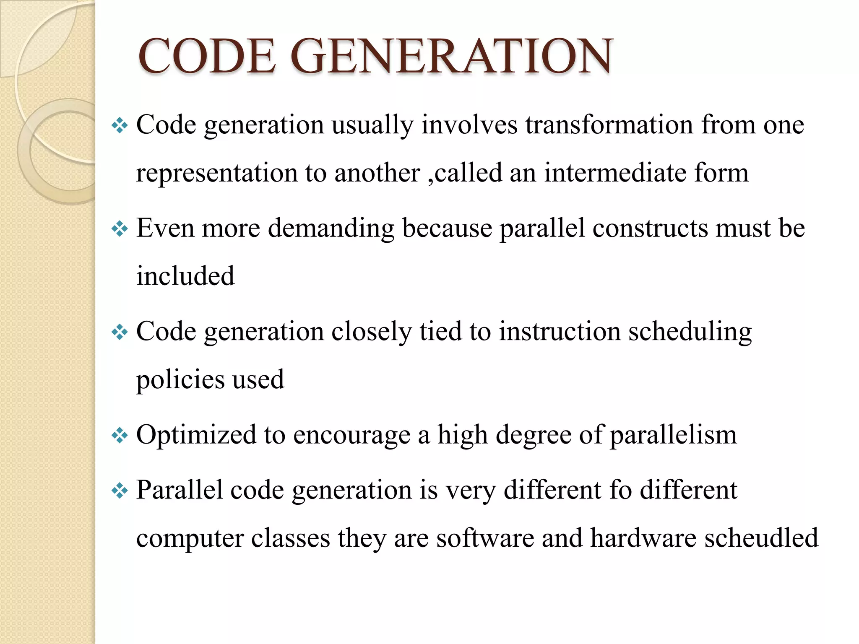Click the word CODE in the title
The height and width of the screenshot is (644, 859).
pos(206,57)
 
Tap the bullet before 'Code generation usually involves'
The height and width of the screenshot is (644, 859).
pos(120,125)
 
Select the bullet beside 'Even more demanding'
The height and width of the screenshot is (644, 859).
pos(120,229)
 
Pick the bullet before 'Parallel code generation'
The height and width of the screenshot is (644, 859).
pos(120,490)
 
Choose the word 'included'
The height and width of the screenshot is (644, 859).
pos(185,276)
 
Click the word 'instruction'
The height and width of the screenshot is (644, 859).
pos(560,332)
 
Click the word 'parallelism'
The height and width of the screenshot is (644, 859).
pos(673,436)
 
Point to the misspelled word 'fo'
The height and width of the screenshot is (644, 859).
pos(620,490)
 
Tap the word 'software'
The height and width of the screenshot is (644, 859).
pos(485,538)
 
